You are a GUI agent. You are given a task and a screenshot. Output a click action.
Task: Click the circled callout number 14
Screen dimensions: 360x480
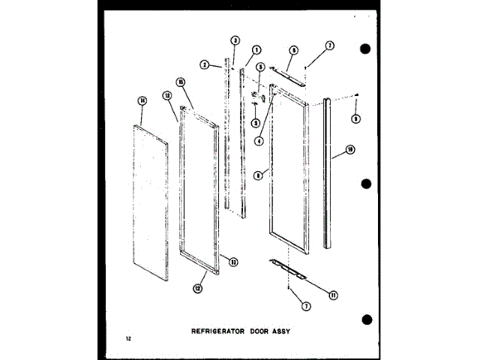[141, 100]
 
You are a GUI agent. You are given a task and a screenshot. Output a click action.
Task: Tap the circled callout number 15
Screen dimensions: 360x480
[181, 82]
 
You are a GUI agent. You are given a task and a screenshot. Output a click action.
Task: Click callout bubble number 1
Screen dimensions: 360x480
[256, 50]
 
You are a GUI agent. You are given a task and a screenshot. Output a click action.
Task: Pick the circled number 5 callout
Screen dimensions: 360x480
[260, 66]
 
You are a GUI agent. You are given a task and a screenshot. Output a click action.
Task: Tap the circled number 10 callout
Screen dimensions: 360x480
[350, 151]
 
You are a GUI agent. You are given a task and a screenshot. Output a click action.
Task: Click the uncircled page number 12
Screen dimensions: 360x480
[129, 341]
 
